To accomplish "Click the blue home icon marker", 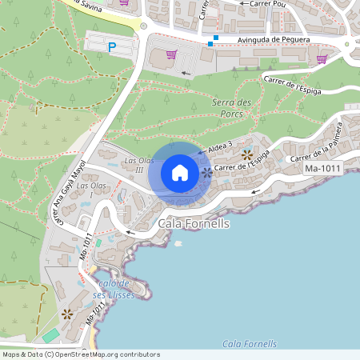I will tap(180, 172).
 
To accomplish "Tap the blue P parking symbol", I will tap(112, 48).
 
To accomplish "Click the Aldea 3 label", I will tap(219, 144).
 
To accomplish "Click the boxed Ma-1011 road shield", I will tap(322, 170).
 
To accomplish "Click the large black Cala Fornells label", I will tap(194, 224).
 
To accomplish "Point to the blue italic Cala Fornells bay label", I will tap(249, 344).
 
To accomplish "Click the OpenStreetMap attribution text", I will tap(81, 354).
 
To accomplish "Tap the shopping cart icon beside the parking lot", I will tap(170, 54).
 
